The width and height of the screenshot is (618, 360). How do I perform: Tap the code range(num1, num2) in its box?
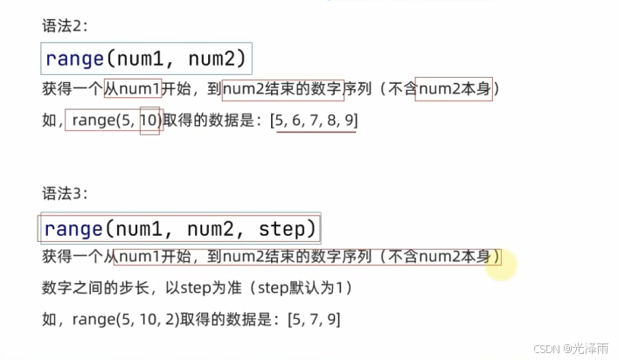(x=147, y=59)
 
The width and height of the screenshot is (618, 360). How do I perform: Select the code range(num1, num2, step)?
(x=178, y=229)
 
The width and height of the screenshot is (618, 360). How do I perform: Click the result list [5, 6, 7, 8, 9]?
(x=314, y=121)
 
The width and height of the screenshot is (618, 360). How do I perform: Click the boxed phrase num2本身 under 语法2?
(x=453, y=90)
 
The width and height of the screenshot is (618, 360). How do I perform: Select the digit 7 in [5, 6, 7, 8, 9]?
(x=314, y=121)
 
